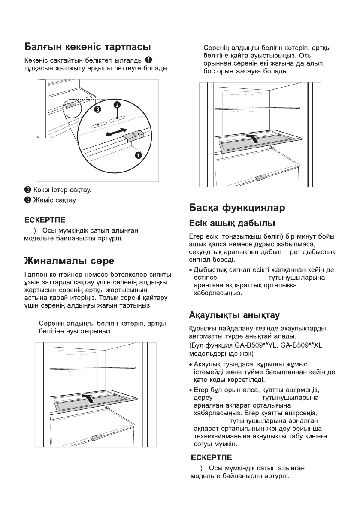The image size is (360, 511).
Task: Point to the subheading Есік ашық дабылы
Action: (x=232, y=224)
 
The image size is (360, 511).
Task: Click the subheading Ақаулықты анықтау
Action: (x=235, y=316)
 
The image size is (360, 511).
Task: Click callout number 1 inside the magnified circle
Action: (x=138, y=155)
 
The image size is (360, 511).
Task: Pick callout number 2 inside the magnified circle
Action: (x=117, y=105)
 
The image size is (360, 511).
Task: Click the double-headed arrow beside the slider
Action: (x=116, y=132)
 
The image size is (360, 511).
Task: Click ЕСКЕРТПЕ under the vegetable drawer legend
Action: (x=45, y=220)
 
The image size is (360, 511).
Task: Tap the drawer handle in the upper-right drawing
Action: (x=260, y=177)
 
